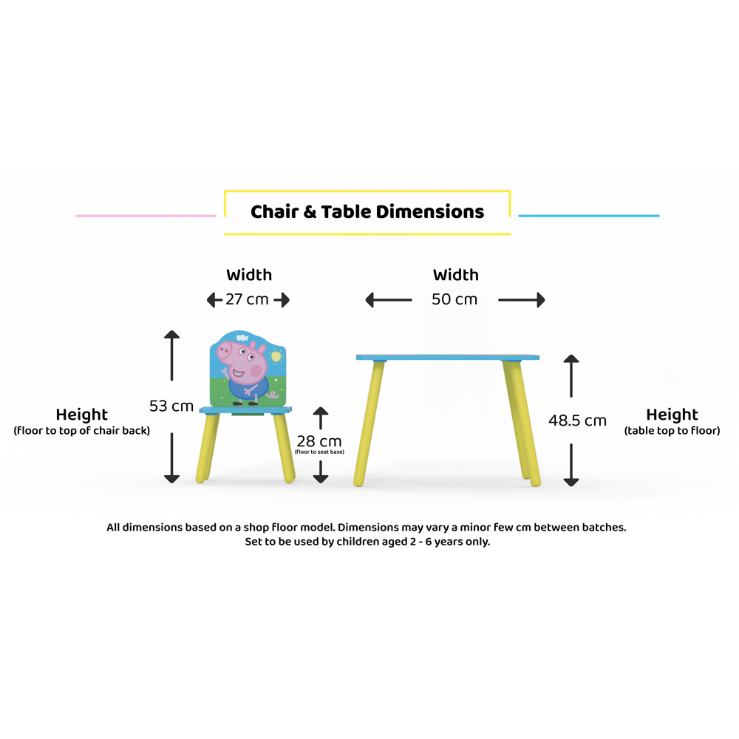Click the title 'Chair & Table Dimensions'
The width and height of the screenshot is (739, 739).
click(x=367, y=212)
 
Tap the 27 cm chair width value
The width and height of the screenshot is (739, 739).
click(x=248, y=299)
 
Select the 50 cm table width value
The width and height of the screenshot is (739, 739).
click(x=454, y=299)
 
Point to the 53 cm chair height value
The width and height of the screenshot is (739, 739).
click(x=171, y=406)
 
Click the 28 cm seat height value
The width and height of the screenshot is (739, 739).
click(x=319, y=441)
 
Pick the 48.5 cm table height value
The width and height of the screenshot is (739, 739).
click(x=577, y=420)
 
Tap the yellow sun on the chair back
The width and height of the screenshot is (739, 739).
click(x=276, y=357)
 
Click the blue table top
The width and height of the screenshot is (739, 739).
click(x=447, y=357)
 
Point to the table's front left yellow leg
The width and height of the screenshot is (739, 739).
click(x=369, y=421)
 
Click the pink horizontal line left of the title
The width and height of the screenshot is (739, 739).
click(x=146, y=216)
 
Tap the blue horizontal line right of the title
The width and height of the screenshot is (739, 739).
click(x=588, y=216)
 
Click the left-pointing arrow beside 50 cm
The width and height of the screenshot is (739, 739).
click(x=389, y=300)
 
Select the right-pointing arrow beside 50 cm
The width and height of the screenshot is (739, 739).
click(x=522, y=300)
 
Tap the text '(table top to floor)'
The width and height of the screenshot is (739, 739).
click(x=672, y=431)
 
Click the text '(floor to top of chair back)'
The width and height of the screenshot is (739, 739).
click(x=81, y=431)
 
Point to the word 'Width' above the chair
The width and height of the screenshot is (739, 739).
click(x=249, y=275)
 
